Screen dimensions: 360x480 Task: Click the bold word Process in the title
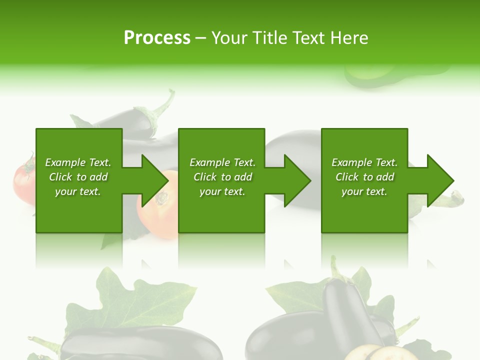point(157,38)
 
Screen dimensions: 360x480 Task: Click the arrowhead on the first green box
point(152,180)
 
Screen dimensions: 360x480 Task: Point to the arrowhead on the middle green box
point(295,180)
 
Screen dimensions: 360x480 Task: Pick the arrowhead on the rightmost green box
point(438,180)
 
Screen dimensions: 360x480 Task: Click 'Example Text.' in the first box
point(78,162)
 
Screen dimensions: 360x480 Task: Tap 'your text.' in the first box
point(78,191)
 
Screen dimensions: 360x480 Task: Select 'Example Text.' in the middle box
point(222,162)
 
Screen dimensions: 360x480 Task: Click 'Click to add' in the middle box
point(222,177)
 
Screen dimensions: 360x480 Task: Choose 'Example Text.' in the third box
point(364,162)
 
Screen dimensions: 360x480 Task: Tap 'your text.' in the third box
point(364,191)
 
